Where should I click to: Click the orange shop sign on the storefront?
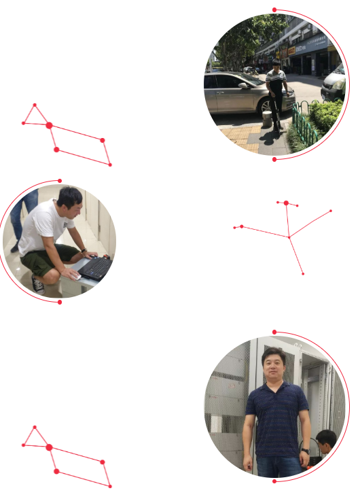pos(291,50)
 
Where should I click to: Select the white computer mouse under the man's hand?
pos(73,275)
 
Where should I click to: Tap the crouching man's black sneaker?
pos(38,285)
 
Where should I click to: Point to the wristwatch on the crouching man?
pos(82,251)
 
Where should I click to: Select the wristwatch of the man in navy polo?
pos(305,450)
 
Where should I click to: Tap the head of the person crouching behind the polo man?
pos(327,438)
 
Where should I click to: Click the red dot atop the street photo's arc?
pos(274,10)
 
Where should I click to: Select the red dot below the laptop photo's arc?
pos(60,302)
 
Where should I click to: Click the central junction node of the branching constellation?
pos(289,237)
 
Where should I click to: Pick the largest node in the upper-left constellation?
pos(49,125)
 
